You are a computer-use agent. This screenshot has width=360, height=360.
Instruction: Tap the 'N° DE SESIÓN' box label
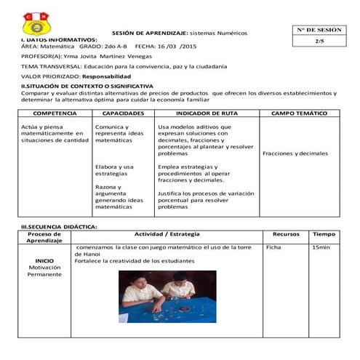319,30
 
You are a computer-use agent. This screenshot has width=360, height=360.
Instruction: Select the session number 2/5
319,41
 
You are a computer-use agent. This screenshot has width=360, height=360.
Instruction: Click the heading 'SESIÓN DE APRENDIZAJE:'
151,33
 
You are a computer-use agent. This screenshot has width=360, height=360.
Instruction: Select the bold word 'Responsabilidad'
107,76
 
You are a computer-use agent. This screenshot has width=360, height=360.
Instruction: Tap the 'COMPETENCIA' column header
55,114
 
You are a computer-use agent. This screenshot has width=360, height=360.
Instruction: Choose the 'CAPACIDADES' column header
123,114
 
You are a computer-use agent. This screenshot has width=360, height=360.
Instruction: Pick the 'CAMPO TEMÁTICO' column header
299,114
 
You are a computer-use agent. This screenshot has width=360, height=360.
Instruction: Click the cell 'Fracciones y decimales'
295,153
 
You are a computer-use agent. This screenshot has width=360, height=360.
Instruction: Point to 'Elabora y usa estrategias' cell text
114,170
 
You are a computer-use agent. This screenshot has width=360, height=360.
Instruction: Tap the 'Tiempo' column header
324,234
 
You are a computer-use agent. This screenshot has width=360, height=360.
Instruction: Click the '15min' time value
320,248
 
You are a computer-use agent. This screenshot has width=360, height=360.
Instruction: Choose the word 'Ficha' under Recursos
273,248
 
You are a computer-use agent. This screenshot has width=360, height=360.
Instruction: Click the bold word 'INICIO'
44,260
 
